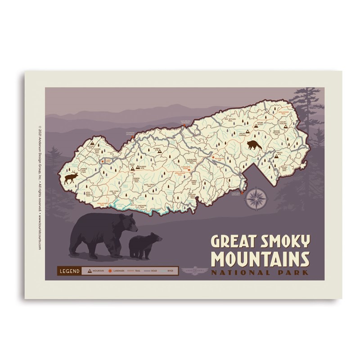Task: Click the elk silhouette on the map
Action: click(71, 178)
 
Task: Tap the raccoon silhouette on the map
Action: click(254, 145)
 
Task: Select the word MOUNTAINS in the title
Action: click(261, 259)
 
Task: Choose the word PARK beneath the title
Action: click(293, 272)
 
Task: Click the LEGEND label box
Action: click(69, 271)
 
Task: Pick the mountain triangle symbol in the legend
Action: click(90, 271)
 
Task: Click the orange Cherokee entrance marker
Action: click(242, 192)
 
